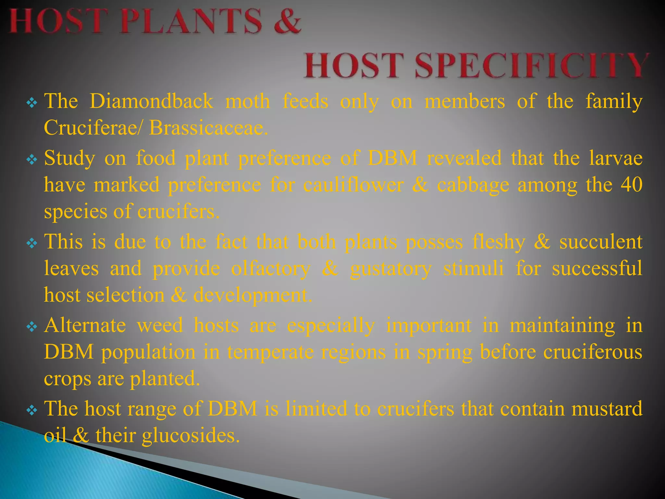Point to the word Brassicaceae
point(208,128)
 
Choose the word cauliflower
point(354,185)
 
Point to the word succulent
point(601,242)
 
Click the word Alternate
point(85,325)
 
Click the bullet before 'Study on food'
point(32,160)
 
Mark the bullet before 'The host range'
point(32,410)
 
